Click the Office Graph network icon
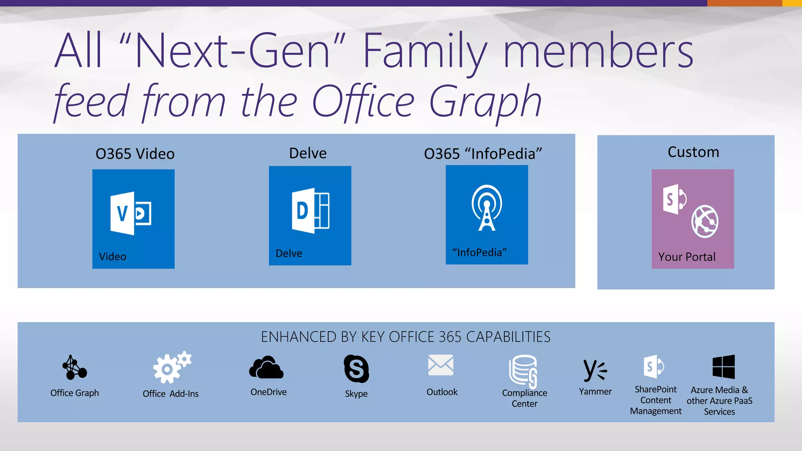coord(74,368)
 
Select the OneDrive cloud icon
coord(266,368)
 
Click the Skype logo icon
coord(356,368)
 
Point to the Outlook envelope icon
coord(441,365)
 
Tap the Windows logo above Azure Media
coord(723,367)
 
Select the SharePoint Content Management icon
coord(654,367)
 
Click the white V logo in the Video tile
coord(130,213)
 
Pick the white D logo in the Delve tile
coord(310,211)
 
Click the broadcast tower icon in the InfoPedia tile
coord(487,208)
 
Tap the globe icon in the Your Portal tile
coord(704,221)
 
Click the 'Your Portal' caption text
coord(687,257)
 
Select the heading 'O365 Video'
coord(135,154)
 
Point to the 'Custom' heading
coord(693,152)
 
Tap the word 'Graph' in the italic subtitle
coord(486,102)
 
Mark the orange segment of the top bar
coord(744,3)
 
